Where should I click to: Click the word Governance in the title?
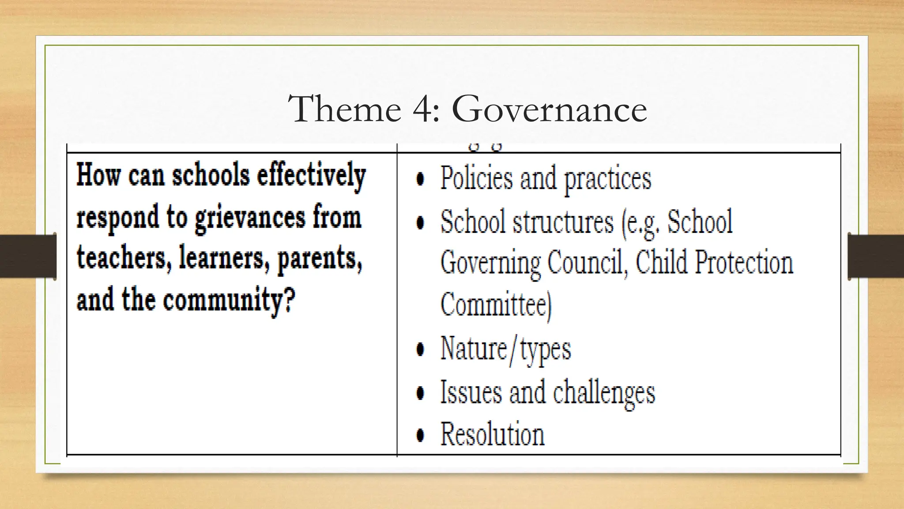(x=549, y=109)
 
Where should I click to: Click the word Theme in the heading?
(x=344, y=109)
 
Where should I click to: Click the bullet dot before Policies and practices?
(x=421, y=179)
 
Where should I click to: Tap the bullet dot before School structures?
(x=421, y=222)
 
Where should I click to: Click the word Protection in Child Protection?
(x=744, y=262)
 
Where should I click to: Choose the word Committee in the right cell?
(x=496, y=305)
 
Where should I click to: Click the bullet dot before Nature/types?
(x=421, y=349)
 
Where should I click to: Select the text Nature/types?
(x=505, y=349)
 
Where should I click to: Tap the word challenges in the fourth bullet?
(x=604, y=393)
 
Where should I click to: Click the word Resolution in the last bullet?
(x=492, y=434)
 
